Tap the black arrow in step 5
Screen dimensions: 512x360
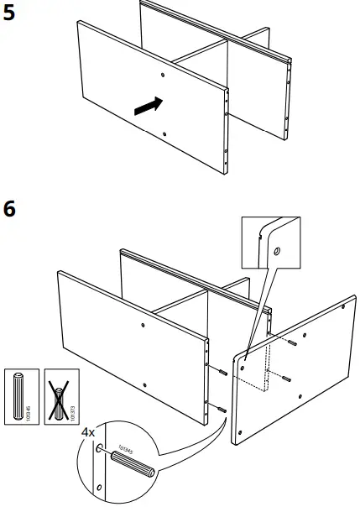pyautogui.click(x=145, y=106)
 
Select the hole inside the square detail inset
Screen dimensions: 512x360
pyautogui.click(x=276, y=250)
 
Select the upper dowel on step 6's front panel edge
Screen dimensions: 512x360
pyautogui.click(x=222, y=374)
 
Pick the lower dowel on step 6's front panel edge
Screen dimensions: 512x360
pyautogui.click(x=222, y=409)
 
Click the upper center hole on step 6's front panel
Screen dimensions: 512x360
pyautogui.click(x=143, y=324)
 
